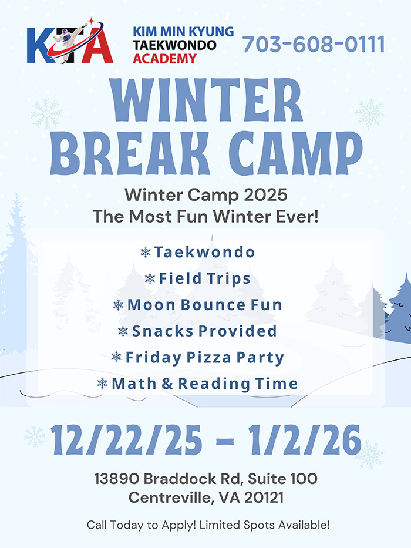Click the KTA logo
click(x=70, y=41)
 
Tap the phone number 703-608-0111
click(x=314, y=45)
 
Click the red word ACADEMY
click(x=164, y=58)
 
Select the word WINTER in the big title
click(x=206, y=100)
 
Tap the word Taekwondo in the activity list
click(x=204, y=252)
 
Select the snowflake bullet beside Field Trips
click(x=150, y=278)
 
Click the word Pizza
click(x=208, y=358)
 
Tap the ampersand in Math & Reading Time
click(x=167, y=384)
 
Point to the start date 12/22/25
click(x=126, y=440)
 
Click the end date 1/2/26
click(x=305, y=440)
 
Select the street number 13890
click(x=117, y=479)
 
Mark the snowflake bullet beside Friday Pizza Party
click(x=116, y=357)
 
